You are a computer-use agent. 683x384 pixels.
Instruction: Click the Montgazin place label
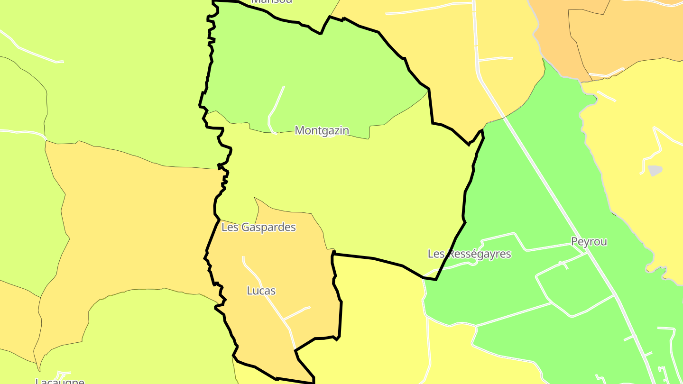[x=322, y=130]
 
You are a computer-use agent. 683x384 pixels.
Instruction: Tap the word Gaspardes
[x=268, y=228]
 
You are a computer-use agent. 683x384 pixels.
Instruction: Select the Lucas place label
[x=261, y=291]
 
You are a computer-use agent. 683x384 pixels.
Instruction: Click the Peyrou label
[x=589, y=242]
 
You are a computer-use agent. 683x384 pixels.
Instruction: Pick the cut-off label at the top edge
[x=272, y=1]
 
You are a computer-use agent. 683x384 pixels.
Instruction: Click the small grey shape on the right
[x=655, y=170]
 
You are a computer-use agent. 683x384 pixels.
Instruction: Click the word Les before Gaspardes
[x=230, y=228]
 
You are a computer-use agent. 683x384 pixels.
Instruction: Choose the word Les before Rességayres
[x=436, y=254]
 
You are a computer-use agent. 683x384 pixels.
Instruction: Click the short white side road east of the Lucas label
[x=297, y=313]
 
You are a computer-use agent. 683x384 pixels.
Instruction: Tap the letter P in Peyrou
[x=574, y=242]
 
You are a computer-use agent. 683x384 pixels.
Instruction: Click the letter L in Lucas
[x=249, y=291]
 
